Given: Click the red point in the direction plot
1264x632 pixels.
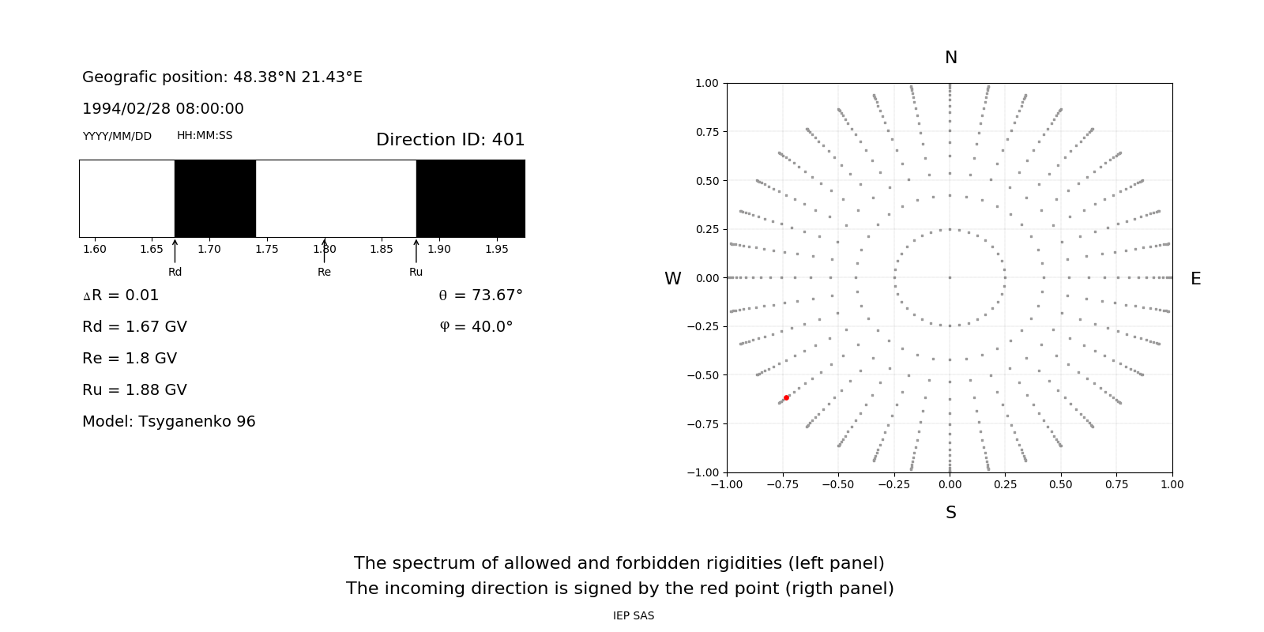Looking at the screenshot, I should (786, 397).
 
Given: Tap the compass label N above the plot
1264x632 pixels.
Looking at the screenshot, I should (950, 58).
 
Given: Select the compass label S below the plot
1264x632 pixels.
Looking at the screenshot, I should (950, 513).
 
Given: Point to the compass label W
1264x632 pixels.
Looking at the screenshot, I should (672, 279).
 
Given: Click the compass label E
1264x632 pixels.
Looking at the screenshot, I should (1195, 279).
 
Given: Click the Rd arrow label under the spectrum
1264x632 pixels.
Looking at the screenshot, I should (175, 272).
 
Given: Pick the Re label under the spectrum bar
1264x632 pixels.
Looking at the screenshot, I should (324, 272).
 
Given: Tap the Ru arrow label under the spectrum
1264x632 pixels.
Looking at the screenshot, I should (416, 272).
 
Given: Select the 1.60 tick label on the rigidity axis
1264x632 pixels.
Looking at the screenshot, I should (95, 249).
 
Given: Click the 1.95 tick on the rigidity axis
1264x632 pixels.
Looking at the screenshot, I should (496, 249).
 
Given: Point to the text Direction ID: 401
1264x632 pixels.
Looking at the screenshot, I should (450, 140).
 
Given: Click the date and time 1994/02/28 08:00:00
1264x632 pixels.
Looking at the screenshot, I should (163, 109).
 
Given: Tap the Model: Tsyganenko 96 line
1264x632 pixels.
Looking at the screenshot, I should (169, 422).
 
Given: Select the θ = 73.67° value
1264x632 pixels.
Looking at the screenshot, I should (480, 295).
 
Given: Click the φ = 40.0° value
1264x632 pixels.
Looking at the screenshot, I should (476, 327).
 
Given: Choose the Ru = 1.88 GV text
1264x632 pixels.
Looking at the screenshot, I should (134, 390).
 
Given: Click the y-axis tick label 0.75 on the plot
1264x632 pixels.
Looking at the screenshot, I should (707, 132).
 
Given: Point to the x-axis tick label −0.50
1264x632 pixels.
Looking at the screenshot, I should (838, 484).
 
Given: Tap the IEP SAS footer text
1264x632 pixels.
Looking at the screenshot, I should (634, 615).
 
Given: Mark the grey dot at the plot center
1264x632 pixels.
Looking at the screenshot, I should (950, 277).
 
